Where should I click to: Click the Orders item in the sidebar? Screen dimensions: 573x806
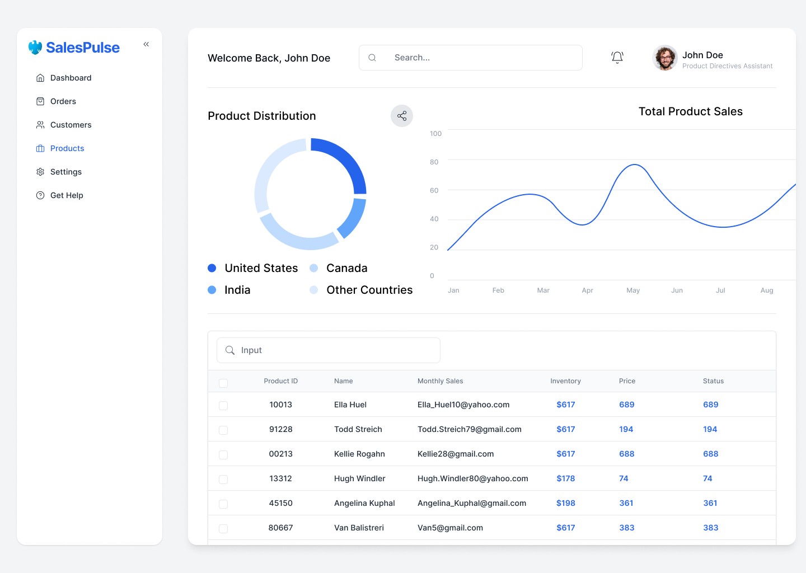[x=63, y=101]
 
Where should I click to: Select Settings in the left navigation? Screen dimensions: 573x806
[x=65, y=172]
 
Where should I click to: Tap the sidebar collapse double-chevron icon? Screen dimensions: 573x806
[x=146, y=44]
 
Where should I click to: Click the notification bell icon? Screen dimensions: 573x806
[x=617, y=57]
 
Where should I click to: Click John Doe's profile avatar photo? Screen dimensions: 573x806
[x=665, y=58]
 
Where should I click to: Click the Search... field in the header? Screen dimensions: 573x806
[x=470, y=58]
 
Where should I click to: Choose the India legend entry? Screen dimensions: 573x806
[x=237, y=290]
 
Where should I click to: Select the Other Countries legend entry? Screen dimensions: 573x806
[x=369, y=290]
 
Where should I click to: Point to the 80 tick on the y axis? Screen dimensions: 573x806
[x=434, y=162]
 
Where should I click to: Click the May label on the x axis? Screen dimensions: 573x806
[x=633, y=290]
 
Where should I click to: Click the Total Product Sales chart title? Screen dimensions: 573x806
[x=690, y=111]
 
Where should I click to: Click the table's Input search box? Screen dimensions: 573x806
[x=329, y=350]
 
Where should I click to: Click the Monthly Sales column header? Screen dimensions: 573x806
[x=440, y=381]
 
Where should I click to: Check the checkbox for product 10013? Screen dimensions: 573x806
[x=223, y=405]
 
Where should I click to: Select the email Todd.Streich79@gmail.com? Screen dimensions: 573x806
[x=469, y=429]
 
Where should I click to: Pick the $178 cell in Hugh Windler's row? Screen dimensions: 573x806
[x=565, y=478]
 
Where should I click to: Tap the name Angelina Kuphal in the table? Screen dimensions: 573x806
[x=364, y=503]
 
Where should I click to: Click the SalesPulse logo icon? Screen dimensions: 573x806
[x=35, y=48]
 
